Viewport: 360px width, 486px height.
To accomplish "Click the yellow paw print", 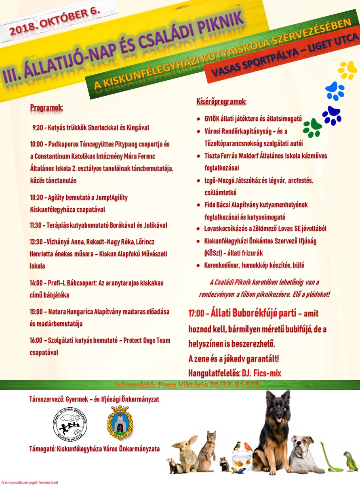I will pyautogui.click(x=347, y=70).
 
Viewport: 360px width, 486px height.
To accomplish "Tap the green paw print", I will pyautogui.click(x=312, y=128).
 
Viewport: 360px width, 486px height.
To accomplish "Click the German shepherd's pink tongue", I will pyautogui.click(x=278, y=420).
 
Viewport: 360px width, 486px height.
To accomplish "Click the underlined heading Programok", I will pyautogui.click(x=46, y=108).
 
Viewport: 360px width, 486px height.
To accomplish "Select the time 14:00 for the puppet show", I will pyautogui.click(x=37, y=283).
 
